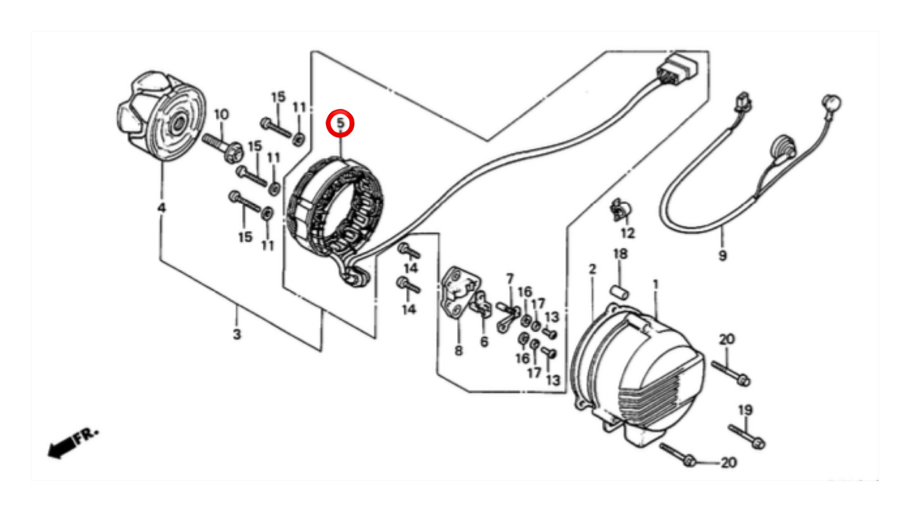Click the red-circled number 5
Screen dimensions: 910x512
pos(341,123)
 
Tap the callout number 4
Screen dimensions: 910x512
pos(161,208)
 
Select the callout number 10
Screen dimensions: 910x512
pos(221,114)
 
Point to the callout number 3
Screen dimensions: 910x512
pos(237,334)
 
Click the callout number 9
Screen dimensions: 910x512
pos(722,255)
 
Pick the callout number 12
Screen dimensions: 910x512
pos(628,233)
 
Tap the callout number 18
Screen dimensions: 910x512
pos(620,254)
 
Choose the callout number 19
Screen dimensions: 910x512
pos(745,410)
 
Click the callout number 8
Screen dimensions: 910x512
pos(458,350)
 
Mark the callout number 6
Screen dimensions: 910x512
pos(484,342)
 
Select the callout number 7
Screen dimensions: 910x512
pos(510,279)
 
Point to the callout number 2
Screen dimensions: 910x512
pos(592,269)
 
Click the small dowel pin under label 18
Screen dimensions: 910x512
pos(620,292)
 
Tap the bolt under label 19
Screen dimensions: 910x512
pos(747,437)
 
